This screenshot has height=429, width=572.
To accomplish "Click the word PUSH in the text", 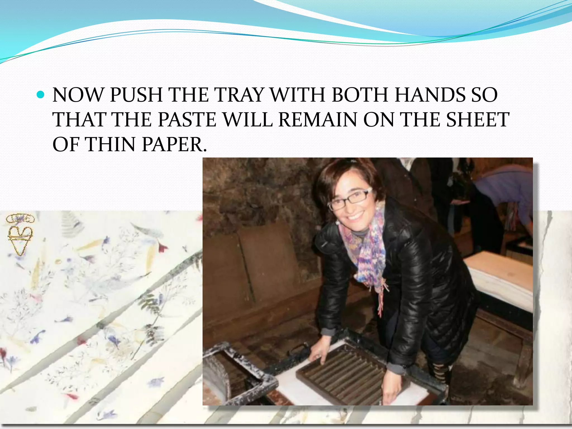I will coord(136,95).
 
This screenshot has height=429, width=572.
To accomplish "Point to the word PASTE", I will coord(187,120).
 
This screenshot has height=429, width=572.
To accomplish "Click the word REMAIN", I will coord(318,120).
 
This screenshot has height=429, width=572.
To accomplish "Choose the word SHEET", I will coord(478,120).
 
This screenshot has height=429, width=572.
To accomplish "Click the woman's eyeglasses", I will coord(351,199).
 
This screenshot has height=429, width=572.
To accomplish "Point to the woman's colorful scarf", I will coord(366,251).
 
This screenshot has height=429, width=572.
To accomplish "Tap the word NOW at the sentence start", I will coord(78,95).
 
